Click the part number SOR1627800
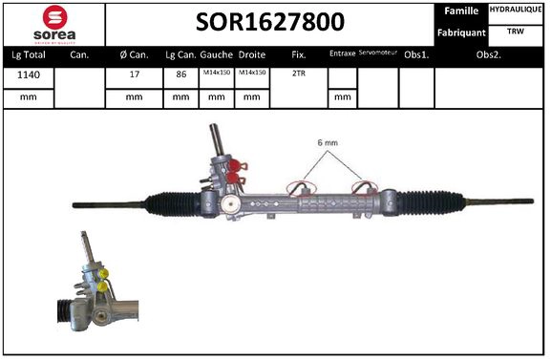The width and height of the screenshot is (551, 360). point(270,22)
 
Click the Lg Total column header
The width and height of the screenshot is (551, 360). point(28,54)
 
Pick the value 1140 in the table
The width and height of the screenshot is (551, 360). point(28,74)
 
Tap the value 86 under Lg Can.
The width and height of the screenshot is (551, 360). point(181,74)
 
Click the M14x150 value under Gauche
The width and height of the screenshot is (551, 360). point(216,74)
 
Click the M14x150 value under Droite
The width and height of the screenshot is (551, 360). point(251,74)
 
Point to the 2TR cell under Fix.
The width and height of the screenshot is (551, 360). point(298,74)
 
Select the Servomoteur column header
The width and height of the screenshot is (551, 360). point(376,54)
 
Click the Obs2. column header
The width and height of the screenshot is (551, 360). point(490,54)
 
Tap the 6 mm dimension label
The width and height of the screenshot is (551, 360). point(328,144)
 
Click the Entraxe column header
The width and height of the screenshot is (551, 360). point(342,54)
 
